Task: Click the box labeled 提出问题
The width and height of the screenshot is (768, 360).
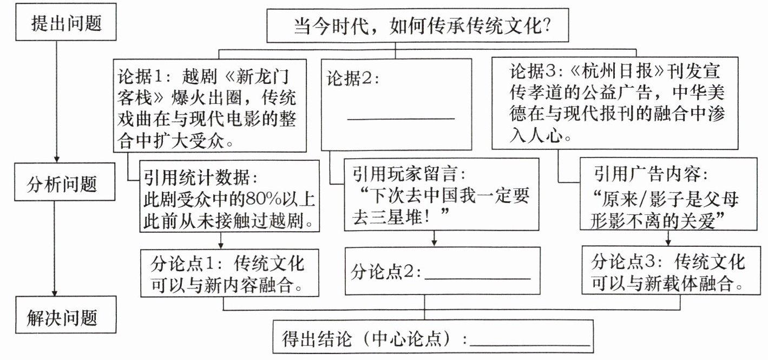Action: pyautogui.click(x=66, y=23)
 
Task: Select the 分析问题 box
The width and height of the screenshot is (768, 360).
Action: pyautogui.click(x=62, y=184)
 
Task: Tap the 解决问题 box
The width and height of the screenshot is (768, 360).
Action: pyautogui.click(x=62, y=317)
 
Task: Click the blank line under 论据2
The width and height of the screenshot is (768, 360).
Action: pyautogui.click(x=401, y=117)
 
